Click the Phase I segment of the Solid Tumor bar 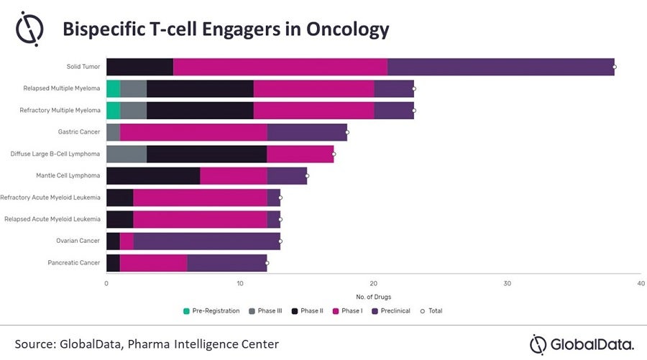click(x=280, y=67)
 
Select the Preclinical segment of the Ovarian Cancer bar click(x=206, y=241)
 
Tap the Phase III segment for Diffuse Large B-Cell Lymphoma click(x=127, y=154)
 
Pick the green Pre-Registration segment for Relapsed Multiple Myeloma click(x=113, y=88)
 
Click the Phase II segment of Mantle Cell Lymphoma click(x=153, y=175)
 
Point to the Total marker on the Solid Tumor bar click(x=615, y=67)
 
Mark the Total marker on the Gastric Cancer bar click(x=347, y=132)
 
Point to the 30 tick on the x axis click(x=508, y=283)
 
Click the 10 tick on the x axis click(x=240, y=283)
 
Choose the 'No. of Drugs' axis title click(x=374, y=297)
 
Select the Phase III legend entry click(x=266, y=310)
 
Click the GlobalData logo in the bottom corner click(x=582, y=343)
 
